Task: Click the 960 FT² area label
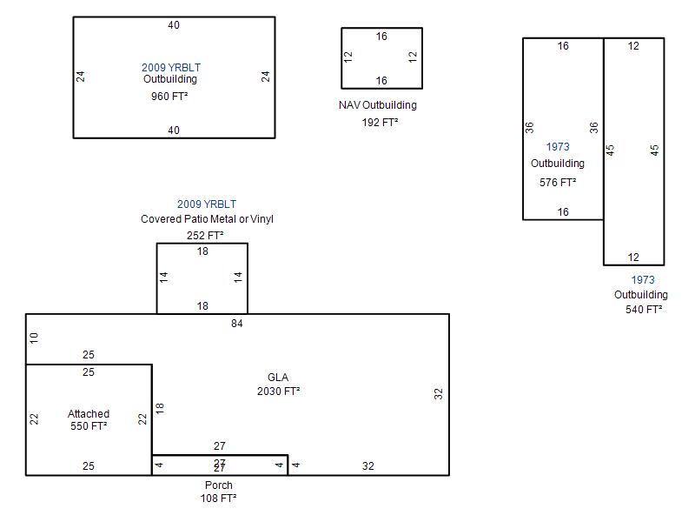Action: pos(169,97)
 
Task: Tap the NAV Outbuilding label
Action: pos(378,105)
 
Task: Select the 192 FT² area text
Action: pos(380,122)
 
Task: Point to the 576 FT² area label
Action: pos(558,183)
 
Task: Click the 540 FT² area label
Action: pos(644,310)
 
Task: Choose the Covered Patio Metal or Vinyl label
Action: pos(207,219)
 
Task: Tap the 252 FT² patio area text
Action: pos(205,235)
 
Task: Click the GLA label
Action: pos(278,378)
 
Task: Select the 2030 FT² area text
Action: pos(278,391)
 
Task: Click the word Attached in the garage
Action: pos(89,414)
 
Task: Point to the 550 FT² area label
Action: pos(89,426)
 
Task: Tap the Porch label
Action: pos(219,485)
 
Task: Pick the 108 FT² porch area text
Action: pos(218,499)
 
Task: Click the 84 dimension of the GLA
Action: pos(236,324)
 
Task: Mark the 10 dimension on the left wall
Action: pos(34,338)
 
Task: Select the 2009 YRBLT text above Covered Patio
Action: pos(207,204)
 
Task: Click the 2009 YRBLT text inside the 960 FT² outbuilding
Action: pos(171,68)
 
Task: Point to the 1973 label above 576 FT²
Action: pos(558,147)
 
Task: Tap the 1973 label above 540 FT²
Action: pos(643,280)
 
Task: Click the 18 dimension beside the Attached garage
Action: pos(160,408)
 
